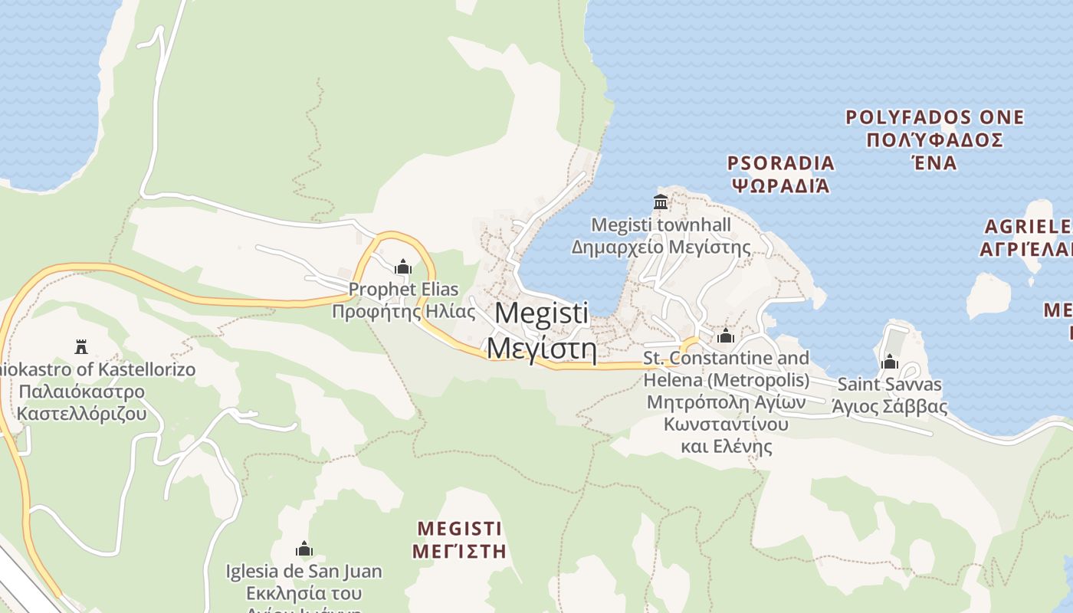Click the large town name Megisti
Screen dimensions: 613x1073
pyautogui.click(x=542, y=313)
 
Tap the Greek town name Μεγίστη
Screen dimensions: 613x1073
pyautogui.click(x=542, y=348)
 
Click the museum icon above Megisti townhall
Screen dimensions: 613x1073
pyautogui.click(x=661, y=202)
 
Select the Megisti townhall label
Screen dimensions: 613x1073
pyautogui.click(x=661, y=225)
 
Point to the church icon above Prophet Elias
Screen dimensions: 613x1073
pyautogui.click(x=403, y=267)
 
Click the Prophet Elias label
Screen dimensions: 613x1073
pyautogui.click(x=403, y=290)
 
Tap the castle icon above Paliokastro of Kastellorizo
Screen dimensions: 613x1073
pyautogui.click(x=81, y=347)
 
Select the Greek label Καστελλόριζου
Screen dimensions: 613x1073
pyautogui.click(x=81, y=414)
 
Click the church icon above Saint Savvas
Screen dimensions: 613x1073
pyautogui.click(x=890, y=362)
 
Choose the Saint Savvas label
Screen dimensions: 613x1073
pyautogui.click(x=890, y=384)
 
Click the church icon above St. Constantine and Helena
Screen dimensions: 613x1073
pyautogui.click(x=725, y=336)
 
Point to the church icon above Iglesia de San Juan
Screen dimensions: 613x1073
pyautogui.click(x=304, y=549)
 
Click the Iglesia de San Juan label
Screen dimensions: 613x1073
pyautogui.click(x=304, y=571)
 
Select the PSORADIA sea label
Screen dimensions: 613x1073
pyautogui.click(x=780, y=163)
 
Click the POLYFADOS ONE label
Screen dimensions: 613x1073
pyautogui.click(x=934, y=118)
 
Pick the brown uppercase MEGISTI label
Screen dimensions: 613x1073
pyautogui.click(x=459, y=529)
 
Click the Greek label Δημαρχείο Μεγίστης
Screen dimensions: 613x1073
pyautogui.click(x=661, y=247)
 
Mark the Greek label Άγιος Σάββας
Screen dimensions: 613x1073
pyautogui.click(x=890, y=406)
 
